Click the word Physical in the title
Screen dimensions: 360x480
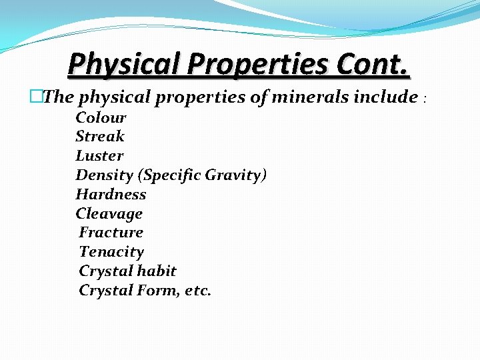(x=125, y=64)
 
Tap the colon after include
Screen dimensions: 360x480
(x=425, y=99)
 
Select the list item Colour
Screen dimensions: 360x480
(x=101, y=118)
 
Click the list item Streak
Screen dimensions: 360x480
(x=100, y=137)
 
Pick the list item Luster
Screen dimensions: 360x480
(x=99, y=156)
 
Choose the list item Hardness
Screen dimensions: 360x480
(x=111, y=195)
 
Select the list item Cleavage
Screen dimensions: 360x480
(x=109, y=214)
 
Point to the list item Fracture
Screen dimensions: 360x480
(x=111, y=233)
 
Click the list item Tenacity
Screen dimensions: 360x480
(x=111, y=252)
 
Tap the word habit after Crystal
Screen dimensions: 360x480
(x=158, y=271)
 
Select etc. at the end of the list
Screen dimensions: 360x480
(x=195, y=291)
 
